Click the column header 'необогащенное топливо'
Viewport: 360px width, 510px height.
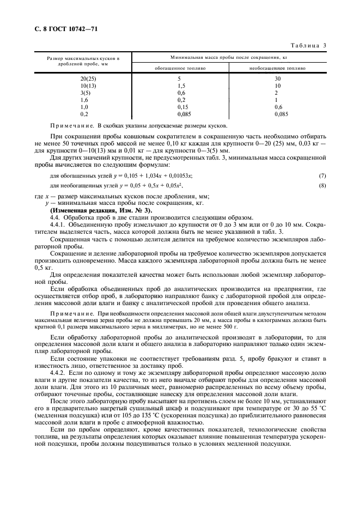coord(277,69)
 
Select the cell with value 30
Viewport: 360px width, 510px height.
coord(277,79)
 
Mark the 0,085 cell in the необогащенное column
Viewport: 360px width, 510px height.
coord(280,114)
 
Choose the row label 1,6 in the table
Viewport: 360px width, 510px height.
coord(84,100)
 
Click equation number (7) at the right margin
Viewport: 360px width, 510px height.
coord(322,175)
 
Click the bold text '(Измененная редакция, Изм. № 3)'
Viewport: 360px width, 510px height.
coord(101,210)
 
